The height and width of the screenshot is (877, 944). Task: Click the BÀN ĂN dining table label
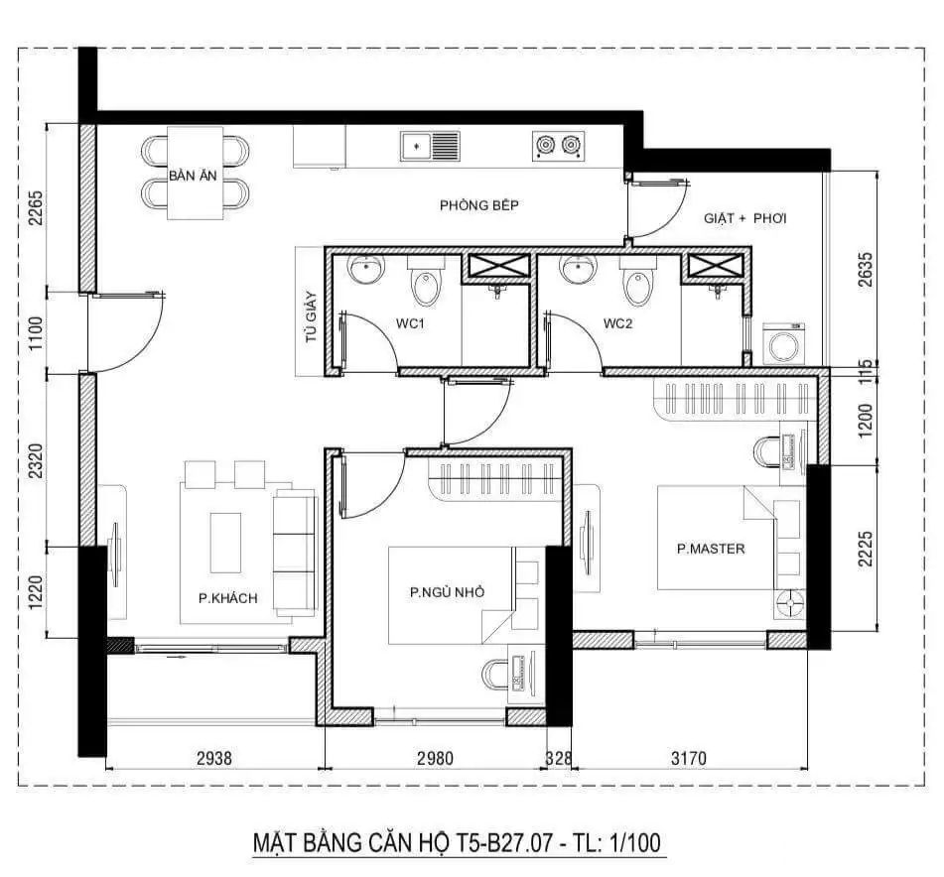tap(195, 176)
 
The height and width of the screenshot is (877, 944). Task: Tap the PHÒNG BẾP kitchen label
tap(479, 205)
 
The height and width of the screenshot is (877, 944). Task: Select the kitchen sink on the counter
tap(430, 146)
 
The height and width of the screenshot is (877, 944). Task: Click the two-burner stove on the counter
tap(556, 146)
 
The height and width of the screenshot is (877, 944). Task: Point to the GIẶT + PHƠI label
tap(744, 217)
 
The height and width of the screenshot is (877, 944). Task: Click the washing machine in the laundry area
tap(784, 344)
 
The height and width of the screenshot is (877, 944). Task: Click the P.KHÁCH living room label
tap(227, 597)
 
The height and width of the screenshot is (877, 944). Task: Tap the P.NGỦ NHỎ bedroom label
tap(447, 592)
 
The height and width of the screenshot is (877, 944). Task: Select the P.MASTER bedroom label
tap(711, 549)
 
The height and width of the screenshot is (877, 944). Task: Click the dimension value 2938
tap(213, 759)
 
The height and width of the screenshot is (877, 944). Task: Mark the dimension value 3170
tap(688, 759)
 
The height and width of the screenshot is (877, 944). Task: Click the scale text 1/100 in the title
tap(631, 843)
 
